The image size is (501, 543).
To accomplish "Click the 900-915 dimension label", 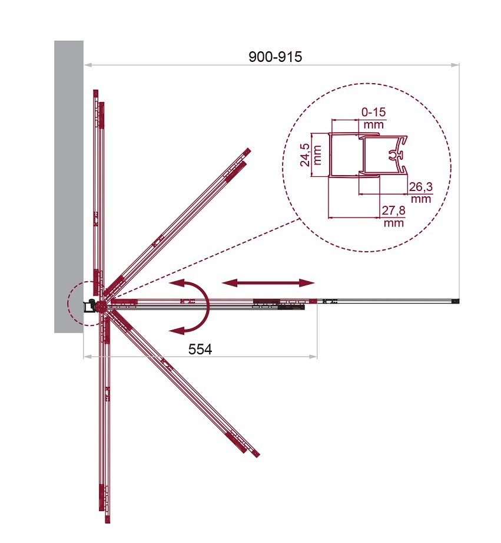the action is pyautogui.click(x=275, y=57).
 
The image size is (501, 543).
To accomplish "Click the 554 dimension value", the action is pyautogui.click(x=200, y=350).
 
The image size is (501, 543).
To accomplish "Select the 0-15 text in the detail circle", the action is pyautogui.click(x=373, y=112).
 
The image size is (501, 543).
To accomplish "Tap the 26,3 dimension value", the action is pyautogui.click(x=421, y=187).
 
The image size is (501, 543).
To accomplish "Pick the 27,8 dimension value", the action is pyautogui.click(x=393, y=210).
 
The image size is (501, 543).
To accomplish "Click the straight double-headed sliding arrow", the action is pyautogui.click(x=268, y=283).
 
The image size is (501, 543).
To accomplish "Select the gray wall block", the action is pyautogui.click(x=69, y=187).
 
